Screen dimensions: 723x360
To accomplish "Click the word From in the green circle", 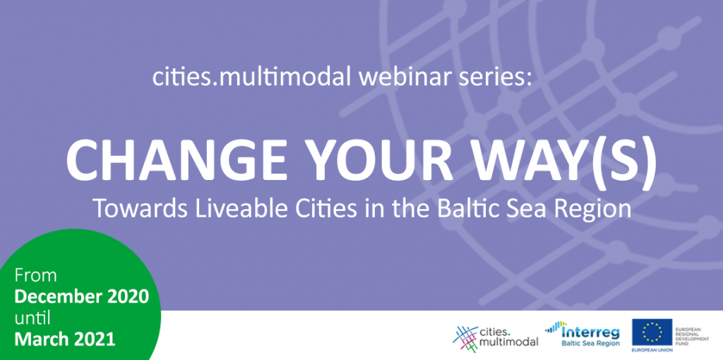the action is click(x=35, y=275).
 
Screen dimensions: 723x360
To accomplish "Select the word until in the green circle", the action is click(x=32, y=318).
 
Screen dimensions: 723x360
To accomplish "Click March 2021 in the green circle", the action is click(x=64, y=340).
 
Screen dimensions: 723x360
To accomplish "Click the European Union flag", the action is click(x=652, y=332).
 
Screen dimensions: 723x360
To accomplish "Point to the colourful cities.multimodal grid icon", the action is click(x=465, y=339).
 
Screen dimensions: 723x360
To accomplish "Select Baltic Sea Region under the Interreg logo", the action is click(x=590, y=343).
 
